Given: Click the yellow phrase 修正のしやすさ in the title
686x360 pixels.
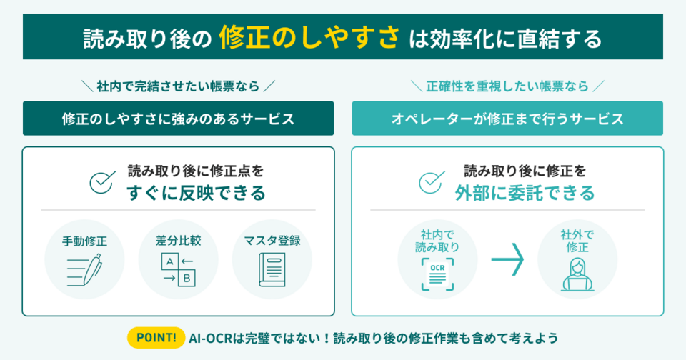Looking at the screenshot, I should point(309,37).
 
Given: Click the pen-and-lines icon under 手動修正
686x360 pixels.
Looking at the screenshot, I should point(85,271).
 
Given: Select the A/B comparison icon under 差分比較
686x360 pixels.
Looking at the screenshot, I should point(178,271).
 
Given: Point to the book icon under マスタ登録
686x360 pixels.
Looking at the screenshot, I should point(272,271).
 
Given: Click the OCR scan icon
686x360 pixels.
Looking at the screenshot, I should point(437,274).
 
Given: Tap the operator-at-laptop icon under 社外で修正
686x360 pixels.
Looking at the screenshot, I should point(578,274).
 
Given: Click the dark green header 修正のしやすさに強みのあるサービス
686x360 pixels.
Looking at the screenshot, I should point(178,119).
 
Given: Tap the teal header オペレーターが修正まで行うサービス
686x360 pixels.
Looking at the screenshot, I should point(507,119).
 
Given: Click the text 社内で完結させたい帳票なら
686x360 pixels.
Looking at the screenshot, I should point(178,86).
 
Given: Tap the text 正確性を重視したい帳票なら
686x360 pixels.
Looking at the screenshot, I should point(507,86).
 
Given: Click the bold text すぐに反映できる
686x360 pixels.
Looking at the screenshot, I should point(196,193).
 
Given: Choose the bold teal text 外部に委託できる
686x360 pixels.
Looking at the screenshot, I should point(525,193).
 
